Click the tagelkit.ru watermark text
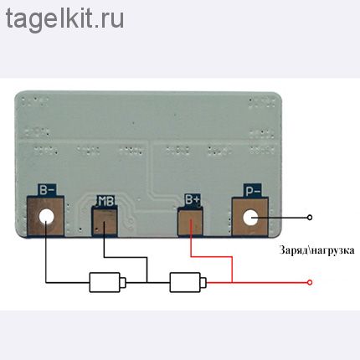point(64,18)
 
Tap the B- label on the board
point(47,190)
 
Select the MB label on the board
point(105,201)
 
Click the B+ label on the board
point(193,200)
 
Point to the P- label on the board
point(253,191)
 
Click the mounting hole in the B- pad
point(46,216)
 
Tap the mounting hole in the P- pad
point(250,219)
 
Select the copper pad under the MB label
point(105,223)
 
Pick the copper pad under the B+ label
point(191,222)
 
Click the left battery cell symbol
point(107,282)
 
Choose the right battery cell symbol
point(188,282)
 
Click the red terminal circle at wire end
point(310,282)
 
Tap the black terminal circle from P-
point(310,218)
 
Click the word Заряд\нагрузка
point(316,250)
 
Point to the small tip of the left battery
point(123,282)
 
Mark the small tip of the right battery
point(203,282)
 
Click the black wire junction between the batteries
point(147,282)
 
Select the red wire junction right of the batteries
point(232,282)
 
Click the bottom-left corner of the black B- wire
point(46,282)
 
